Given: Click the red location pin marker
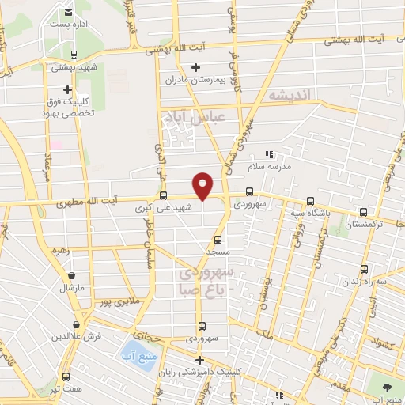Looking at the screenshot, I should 203,184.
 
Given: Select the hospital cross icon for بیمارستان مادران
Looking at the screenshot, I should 195,67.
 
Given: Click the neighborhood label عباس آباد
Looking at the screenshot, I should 194,118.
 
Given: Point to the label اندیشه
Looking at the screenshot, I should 291,95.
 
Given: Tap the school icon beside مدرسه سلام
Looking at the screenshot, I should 268,154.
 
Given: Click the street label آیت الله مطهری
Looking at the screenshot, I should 89,203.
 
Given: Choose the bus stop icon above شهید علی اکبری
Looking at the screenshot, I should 163,195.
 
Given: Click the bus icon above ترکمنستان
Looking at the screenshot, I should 363,212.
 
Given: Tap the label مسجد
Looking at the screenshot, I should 217,252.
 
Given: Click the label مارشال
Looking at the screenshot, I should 72,288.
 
